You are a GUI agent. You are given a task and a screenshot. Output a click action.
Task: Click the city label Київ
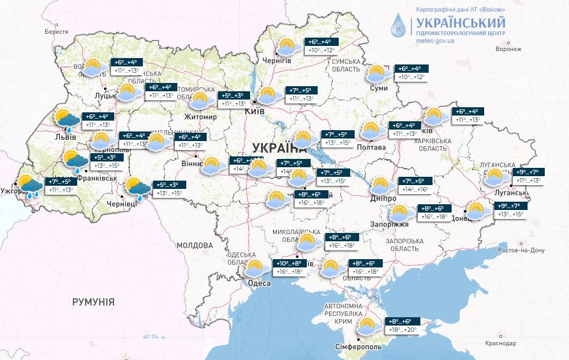[255, 112]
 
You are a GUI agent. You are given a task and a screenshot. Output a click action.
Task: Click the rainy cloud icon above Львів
[66, 120]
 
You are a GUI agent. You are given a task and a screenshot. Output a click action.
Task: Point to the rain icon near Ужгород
[29, 186]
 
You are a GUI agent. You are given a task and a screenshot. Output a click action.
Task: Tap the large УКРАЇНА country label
[280, 145]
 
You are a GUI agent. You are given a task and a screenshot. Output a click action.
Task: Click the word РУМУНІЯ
[93, 301]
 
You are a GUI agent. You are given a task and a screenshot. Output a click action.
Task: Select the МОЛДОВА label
[194, 245]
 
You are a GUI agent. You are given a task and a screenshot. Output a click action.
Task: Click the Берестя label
[56, 31]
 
